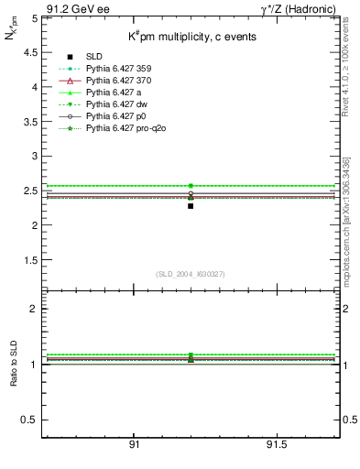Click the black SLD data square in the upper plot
191,206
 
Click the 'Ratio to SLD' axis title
13,376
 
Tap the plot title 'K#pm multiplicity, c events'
191,38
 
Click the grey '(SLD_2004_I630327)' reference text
191,274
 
